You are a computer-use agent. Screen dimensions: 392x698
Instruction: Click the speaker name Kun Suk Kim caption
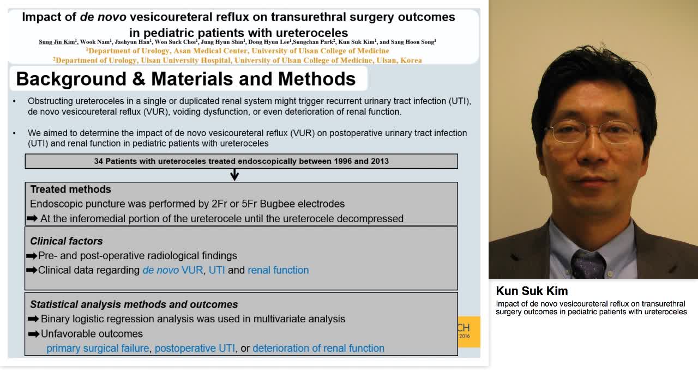coord(532,291)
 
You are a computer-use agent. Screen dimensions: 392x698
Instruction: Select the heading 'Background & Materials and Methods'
coord(185,79)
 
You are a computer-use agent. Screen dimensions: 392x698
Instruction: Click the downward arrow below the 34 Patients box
coord(234,175)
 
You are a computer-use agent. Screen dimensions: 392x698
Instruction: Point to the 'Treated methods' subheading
coord(70,189)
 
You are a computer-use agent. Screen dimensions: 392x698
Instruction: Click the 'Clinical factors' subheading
coord(66,241)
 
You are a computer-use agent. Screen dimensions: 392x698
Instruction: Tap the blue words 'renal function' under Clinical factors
coord(278,270)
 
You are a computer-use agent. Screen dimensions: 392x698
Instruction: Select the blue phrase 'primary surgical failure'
coord(98,348)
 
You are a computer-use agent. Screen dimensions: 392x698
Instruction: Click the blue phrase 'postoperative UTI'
coord(195,348)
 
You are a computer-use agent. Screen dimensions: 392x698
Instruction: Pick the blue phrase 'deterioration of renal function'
coord(318,348)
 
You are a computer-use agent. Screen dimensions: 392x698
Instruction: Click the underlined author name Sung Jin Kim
coord(57,42)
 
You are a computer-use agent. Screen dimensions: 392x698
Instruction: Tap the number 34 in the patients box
coord(99,161)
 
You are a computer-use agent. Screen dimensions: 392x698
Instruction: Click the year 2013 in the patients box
coord(379,161)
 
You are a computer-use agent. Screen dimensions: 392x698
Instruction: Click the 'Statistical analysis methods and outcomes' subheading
coord(134,304)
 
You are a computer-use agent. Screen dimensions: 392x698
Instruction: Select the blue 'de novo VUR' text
coord(172,270)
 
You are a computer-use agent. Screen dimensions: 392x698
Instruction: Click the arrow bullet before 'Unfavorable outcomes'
coord(33,334)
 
